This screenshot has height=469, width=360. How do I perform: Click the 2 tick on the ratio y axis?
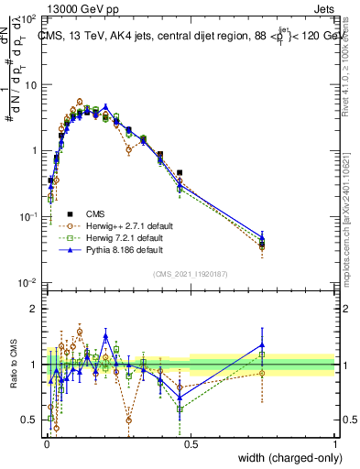(x=35, y=309)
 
